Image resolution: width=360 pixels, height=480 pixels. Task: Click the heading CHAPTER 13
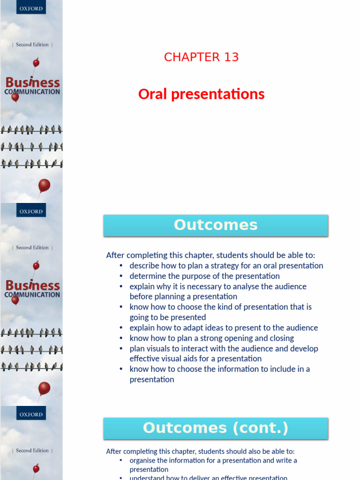[x=201, y=57]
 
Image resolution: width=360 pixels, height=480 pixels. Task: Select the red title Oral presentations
[x=201, y=94]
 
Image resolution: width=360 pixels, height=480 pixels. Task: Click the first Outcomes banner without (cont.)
[x=216, y=225]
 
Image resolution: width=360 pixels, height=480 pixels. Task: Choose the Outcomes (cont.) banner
[x=216, y=428]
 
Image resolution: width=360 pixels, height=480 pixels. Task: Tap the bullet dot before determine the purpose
[x=121, y=277]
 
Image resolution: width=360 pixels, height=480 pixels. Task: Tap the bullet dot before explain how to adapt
[x=121, y=328]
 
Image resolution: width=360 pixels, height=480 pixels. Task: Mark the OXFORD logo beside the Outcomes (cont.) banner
[x=31, y=414]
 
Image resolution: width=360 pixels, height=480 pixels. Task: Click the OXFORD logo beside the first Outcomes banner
[x=31, y=211]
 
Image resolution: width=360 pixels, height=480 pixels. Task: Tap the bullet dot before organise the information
[x=121, y=461]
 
